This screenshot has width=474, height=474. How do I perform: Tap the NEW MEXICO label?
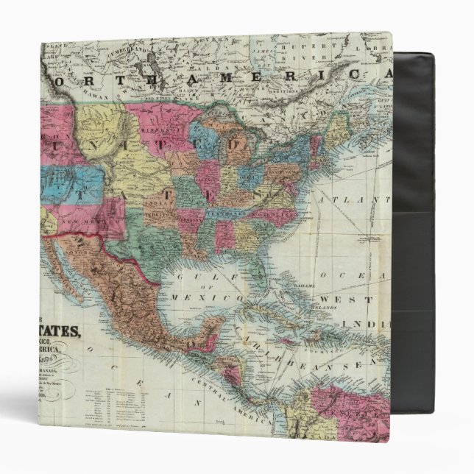pos(81,222)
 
